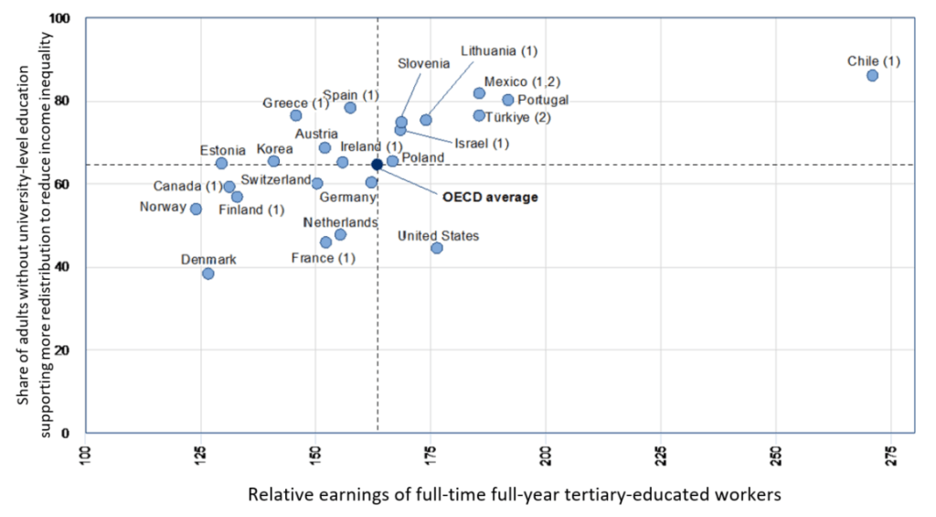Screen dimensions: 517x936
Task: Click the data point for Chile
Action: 872,75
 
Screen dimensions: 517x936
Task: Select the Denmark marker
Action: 208,274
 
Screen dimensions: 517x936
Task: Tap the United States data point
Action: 437,248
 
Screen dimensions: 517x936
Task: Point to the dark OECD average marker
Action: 377,165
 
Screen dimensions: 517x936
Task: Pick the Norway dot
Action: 196,209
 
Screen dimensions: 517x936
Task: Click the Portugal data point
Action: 508,100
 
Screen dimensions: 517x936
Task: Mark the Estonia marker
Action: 221,163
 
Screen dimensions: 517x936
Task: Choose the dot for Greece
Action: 296,115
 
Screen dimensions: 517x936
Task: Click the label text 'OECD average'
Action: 490,196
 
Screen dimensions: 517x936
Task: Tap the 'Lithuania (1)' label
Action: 499,50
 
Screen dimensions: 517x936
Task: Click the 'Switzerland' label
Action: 276,180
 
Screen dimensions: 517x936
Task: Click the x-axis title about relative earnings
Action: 515,495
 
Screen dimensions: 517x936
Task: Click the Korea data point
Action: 273,161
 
